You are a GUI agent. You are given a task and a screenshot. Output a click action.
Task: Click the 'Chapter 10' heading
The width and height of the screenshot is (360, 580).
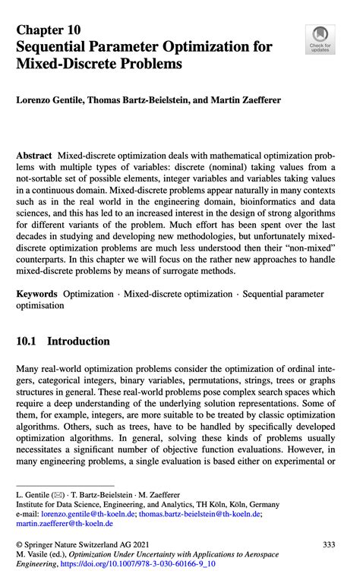[48, 30]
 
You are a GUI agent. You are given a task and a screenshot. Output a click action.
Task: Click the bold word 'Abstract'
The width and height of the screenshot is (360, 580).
[34, 154]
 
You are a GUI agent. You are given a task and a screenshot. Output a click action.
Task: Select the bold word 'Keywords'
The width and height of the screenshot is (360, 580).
[36, 294]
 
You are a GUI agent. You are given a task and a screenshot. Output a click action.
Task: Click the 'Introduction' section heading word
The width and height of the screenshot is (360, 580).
[77, 341]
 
